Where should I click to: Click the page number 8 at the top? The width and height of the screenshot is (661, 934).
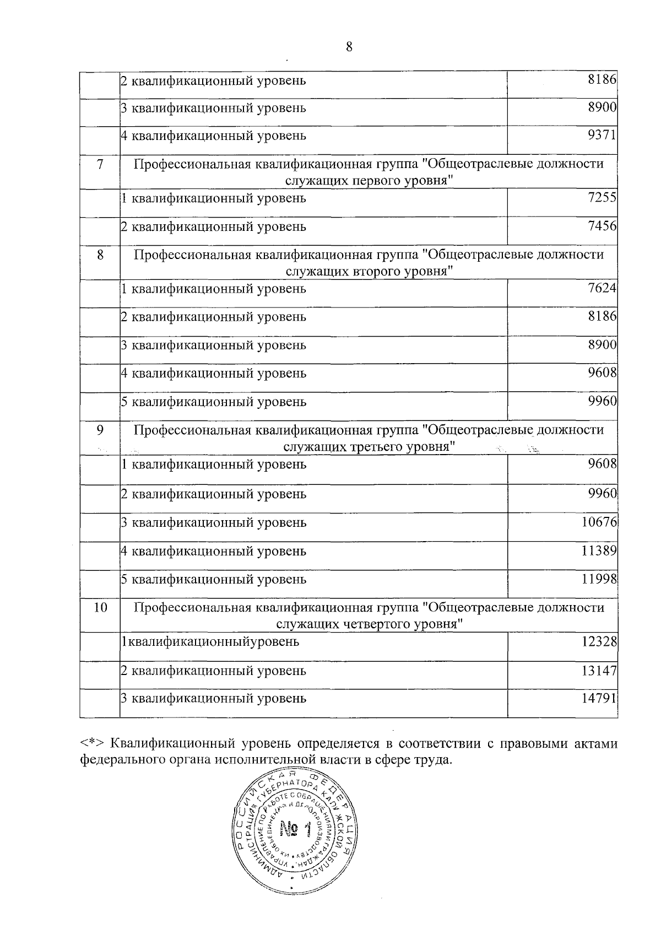click(349, 47)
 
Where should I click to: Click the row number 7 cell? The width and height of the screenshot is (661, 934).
click(100, 164)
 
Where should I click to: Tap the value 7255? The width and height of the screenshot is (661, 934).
click(602, 198)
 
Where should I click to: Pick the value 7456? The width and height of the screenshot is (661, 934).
click(602, 226)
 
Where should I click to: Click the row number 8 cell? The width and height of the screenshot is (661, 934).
click(100, 255)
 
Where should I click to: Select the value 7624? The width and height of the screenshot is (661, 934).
click(602, 288)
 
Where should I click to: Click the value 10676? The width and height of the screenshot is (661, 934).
click(599, 522)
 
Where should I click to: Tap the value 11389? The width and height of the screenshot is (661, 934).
click(599, 550)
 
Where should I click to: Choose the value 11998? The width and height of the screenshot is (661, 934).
click(599, 579)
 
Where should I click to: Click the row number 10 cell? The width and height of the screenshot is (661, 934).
click(100, 608)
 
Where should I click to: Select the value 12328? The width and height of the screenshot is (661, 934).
click(599, 641)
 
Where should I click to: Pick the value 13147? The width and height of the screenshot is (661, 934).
click(599, 671)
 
